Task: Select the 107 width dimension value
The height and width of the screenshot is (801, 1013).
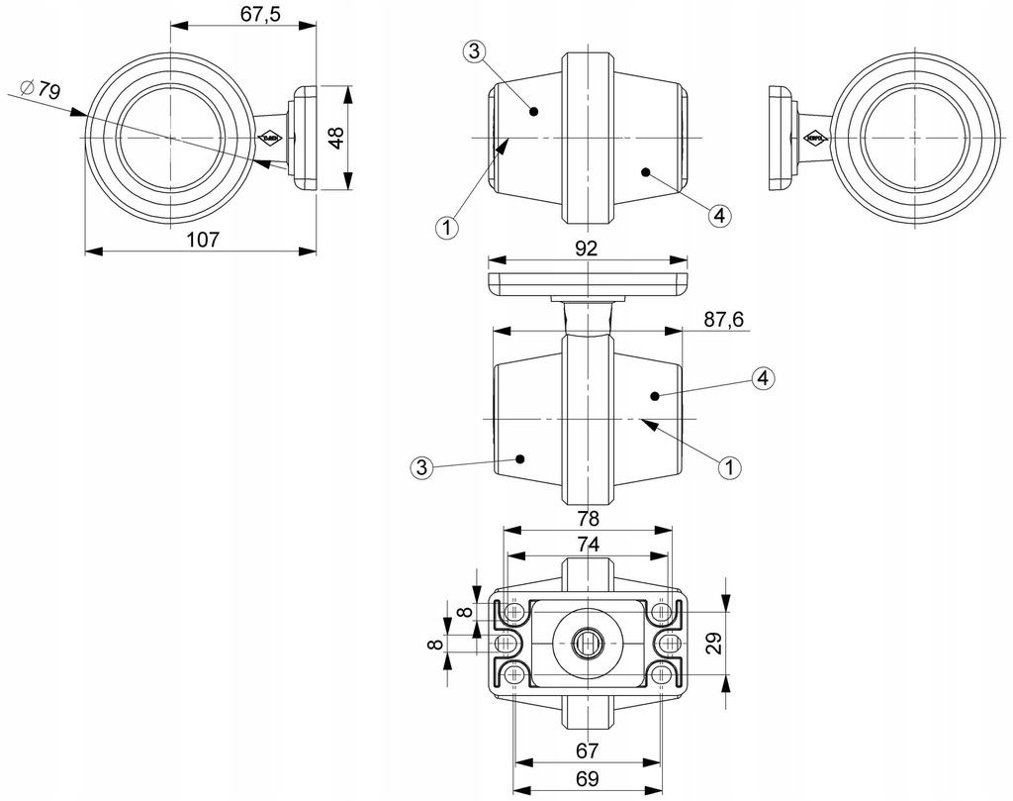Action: click(x=201, y=239)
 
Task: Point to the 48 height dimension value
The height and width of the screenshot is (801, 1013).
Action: click(x=336, y=138)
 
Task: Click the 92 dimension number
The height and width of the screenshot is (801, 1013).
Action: click(x=587, y=250)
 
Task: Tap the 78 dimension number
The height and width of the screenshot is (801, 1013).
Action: click(x=587, y=517)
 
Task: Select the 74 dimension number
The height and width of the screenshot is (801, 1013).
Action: click(x=587, y=545)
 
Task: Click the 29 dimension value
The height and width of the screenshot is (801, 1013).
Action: click(x=714, y=644)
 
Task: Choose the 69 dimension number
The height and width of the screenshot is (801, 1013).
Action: click(x=587, y=778)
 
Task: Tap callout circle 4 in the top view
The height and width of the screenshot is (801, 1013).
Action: click(x=719, y=214)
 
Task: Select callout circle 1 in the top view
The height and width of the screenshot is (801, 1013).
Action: click(x=446, y=228)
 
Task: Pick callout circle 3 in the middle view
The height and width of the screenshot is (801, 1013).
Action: click(x=421, y=467)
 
